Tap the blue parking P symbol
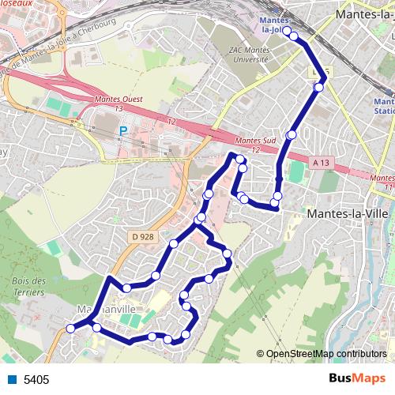coord(122,131)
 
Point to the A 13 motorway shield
coord(320,163)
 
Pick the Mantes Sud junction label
coord(255,144)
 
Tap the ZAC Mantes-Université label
coord(250,55)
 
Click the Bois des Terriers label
coord(30,285)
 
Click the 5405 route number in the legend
coord(36,380)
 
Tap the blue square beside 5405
coord(13,380)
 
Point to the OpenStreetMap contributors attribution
coord(322,354)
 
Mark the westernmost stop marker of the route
coord(70,329)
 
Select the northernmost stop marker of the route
coord(287,31)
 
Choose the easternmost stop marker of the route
coord(318,88)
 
